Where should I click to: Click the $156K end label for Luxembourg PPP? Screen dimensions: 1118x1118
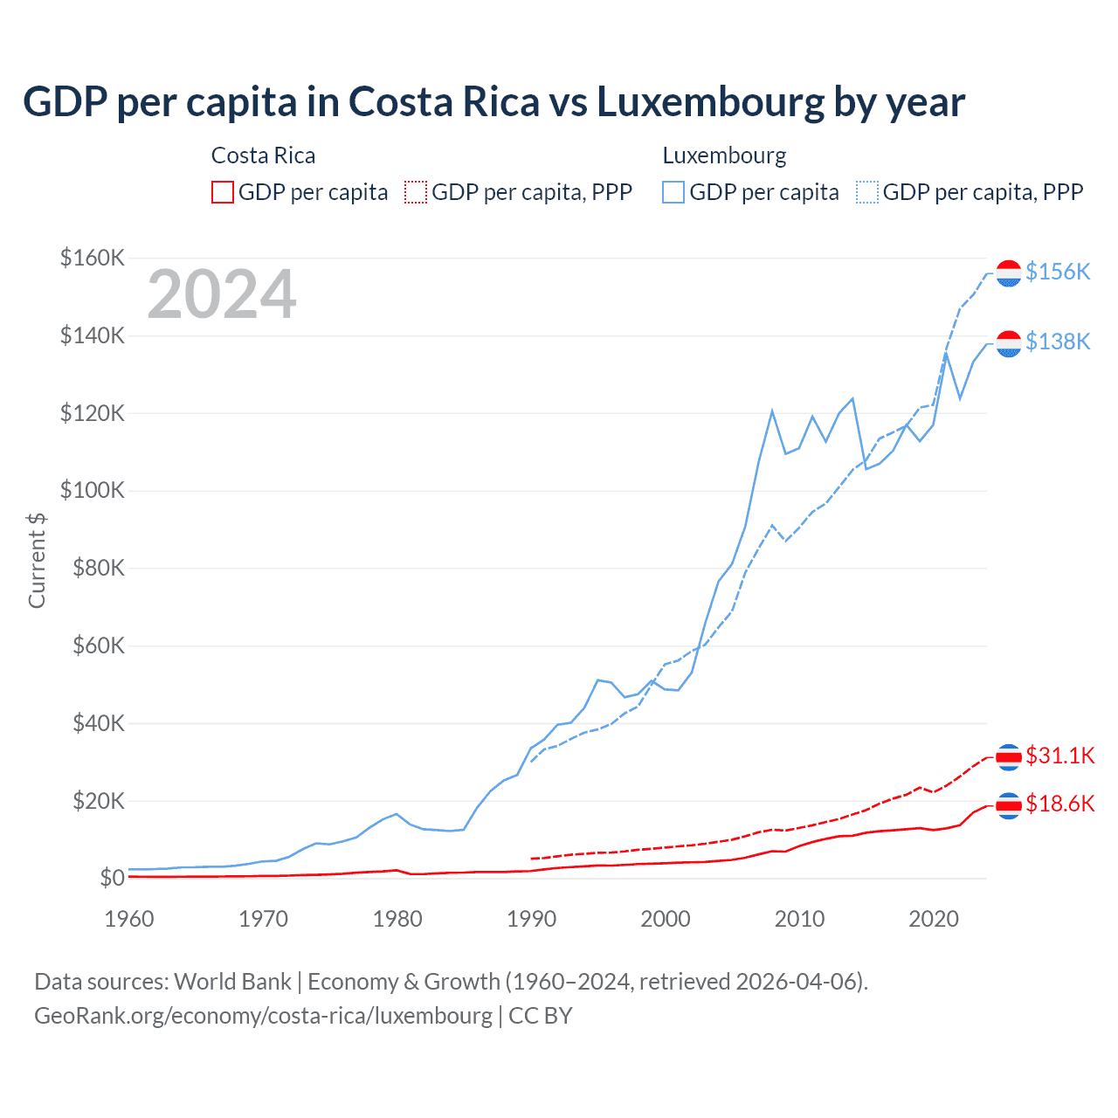point(1058,273)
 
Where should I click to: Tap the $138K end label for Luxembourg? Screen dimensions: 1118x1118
point(1058,342)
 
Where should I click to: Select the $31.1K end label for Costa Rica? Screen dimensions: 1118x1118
point(1059,756)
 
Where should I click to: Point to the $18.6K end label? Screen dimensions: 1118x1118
point(1059,804)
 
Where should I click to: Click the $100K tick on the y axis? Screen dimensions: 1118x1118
point(93,490)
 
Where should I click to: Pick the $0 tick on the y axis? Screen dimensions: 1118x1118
point(112,878)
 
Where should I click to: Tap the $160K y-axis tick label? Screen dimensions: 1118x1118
point(93,258)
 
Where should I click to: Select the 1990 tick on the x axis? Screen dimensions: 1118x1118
point(531,919)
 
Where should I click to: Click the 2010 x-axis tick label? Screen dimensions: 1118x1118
point(799,919)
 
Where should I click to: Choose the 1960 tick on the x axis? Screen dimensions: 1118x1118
point(129,919)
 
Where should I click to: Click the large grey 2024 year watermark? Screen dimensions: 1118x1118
point(222,295)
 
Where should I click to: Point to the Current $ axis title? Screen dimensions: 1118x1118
point(37,560)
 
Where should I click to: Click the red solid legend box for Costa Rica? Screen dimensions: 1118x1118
point(223,192)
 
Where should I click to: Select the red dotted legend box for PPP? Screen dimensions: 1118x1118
point(416,192)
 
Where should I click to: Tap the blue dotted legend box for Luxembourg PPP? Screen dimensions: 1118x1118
point(867,192)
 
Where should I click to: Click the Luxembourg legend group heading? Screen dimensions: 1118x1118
point(724,155)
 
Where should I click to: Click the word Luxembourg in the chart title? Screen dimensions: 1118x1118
point(710,102)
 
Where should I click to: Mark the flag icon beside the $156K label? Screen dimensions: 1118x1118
point(1009,273)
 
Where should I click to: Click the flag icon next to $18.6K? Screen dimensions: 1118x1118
point(1009,804)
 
